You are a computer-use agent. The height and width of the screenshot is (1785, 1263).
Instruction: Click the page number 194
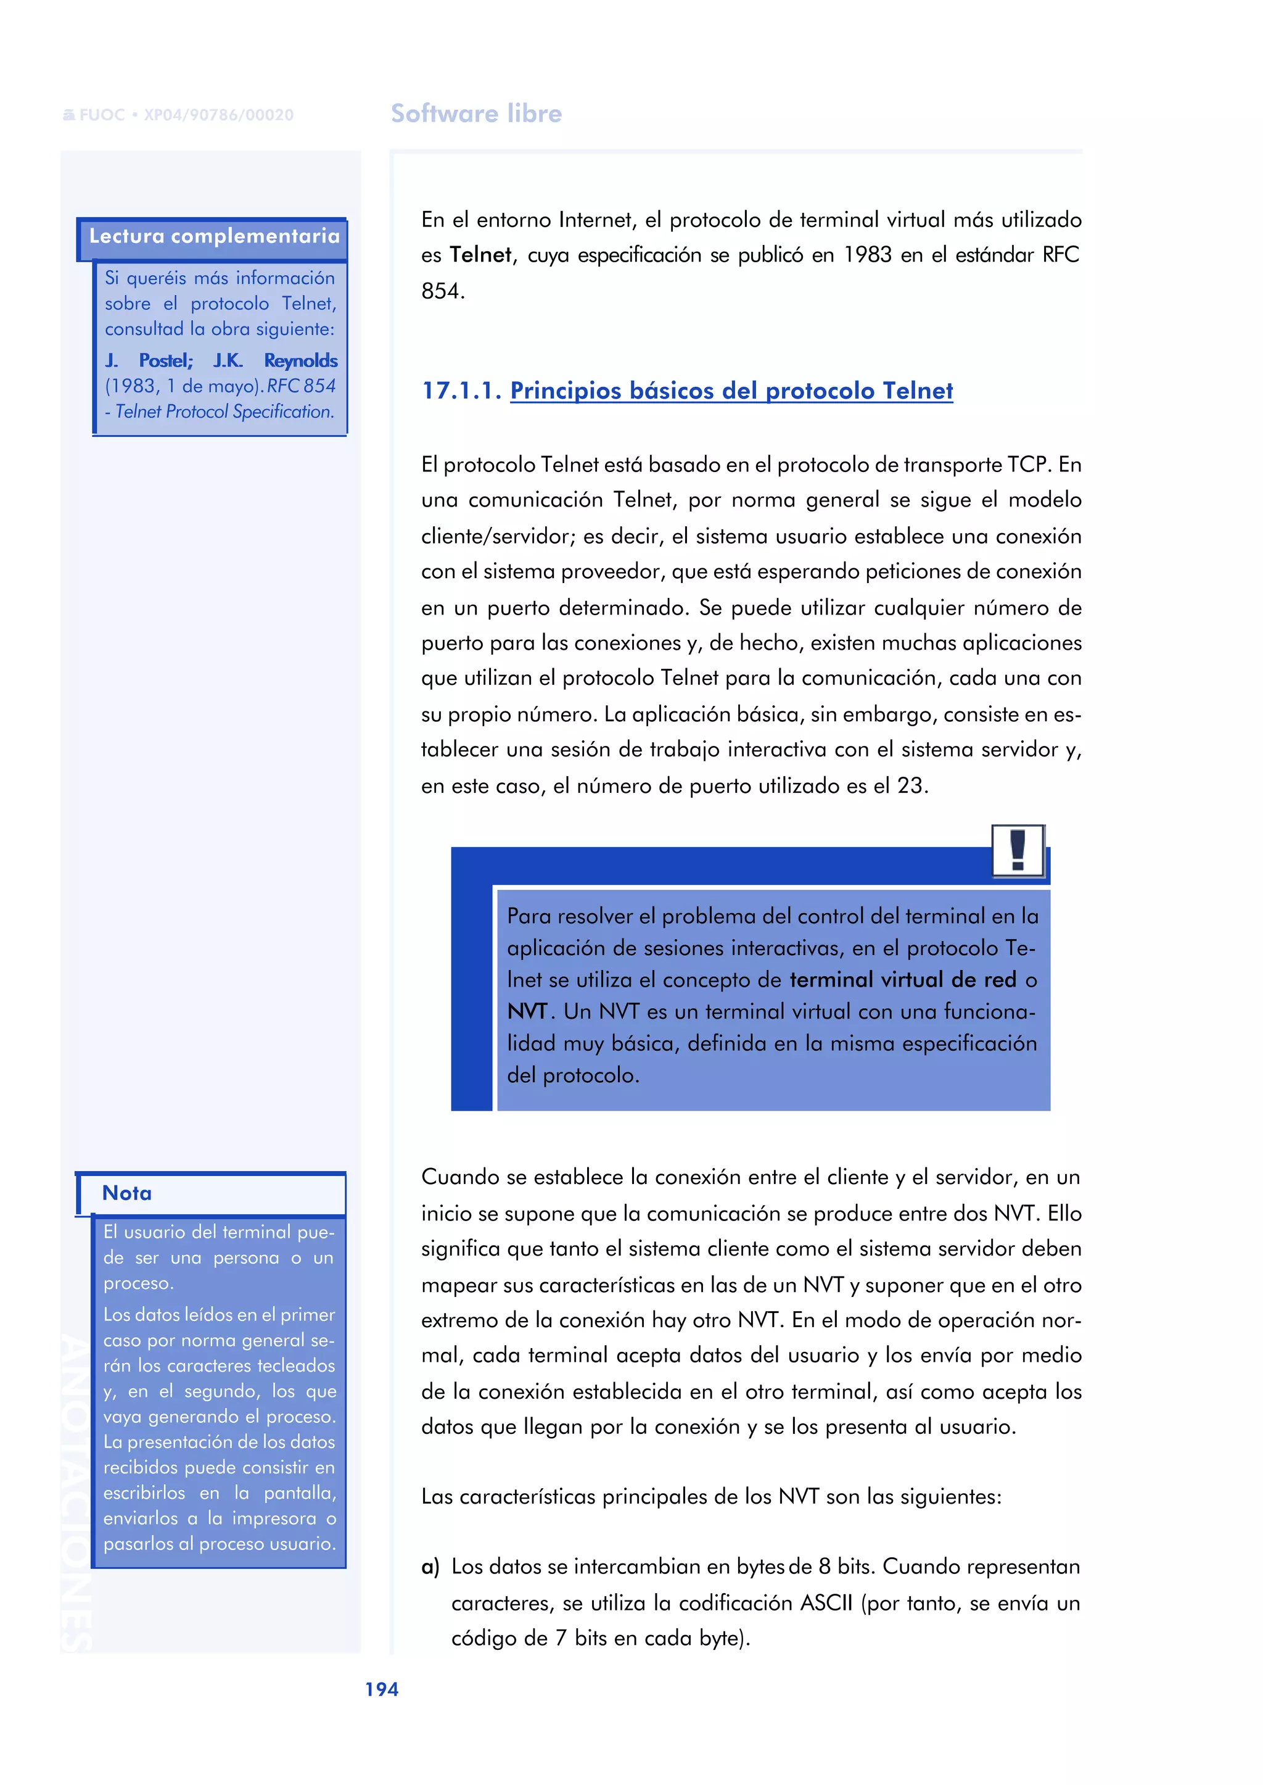click(382, 1689)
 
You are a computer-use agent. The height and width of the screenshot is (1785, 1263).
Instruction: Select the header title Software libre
click(476, 114)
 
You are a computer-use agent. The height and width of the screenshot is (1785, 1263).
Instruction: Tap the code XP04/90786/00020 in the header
click(218, 115)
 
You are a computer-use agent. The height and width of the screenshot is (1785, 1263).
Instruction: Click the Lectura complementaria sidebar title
click(214, 236)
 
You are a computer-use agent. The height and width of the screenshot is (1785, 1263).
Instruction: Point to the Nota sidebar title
click(127, 1193)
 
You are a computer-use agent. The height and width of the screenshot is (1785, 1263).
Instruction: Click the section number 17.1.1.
click(461, 391)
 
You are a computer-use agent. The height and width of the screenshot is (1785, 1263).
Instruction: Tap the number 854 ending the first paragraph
click(443, 291)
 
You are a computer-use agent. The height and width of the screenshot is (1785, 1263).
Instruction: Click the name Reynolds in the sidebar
click(300, 361)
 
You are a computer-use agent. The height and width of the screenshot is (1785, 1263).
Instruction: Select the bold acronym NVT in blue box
click(527, 1011)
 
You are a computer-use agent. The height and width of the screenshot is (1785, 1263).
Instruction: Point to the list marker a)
click(430, 1567)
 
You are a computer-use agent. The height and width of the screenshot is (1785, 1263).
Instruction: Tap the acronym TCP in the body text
click(1029, 465)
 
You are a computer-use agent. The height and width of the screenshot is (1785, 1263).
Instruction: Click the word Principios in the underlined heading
click(566, 391)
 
